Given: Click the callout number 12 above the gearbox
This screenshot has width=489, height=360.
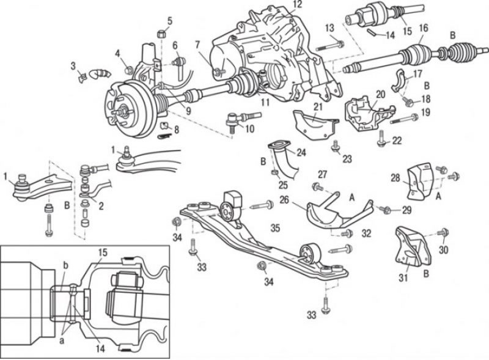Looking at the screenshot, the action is [298, 5].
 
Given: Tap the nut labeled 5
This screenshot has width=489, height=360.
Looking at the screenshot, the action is [161, 33].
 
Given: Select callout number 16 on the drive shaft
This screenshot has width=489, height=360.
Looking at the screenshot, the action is [424, 29].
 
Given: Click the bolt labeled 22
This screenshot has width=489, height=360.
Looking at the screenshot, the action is [380, 139].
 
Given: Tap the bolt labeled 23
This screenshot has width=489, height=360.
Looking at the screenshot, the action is [336, 145].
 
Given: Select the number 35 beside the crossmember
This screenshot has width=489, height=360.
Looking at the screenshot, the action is [275, 228].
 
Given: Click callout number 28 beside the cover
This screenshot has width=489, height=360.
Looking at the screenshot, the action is [395, 178].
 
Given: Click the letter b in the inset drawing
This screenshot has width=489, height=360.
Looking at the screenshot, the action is [65, 266].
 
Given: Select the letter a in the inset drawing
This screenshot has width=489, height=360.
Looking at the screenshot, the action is [62, 340].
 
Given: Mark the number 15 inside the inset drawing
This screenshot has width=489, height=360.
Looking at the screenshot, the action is [103, 252].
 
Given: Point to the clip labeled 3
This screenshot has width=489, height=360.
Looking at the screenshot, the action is [83, 76].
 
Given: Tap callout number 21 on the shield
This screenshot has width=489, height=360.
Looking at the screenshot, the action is [318, 107].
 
